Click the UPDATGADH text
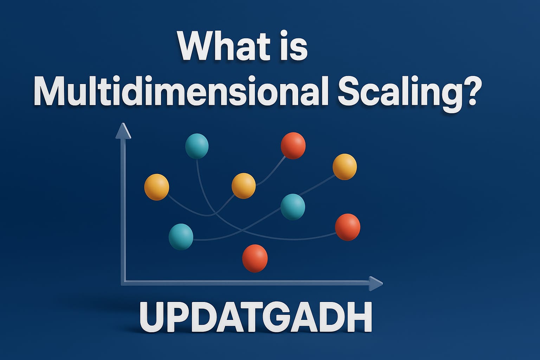[x=256, y=317]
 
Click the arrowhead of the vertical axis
[x=123, y=131]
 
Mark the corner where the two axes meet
[x=123, y=282]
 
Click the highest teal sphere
[x=197, y=146]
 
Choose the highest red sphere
[x=293, y=145]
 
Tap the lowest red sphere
[x=255, y=258]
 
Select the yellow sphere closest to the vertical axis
[x=157, y=187]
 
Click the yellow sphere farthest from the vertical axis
[x=345, y=167]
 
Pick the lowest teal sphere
[x=181, y=237]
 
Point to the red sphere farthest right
[x=347, y=227]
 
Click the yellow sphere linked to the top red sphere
[x=244, y=186]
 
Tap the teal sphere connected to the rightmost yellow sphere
[x=293, y=207]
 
